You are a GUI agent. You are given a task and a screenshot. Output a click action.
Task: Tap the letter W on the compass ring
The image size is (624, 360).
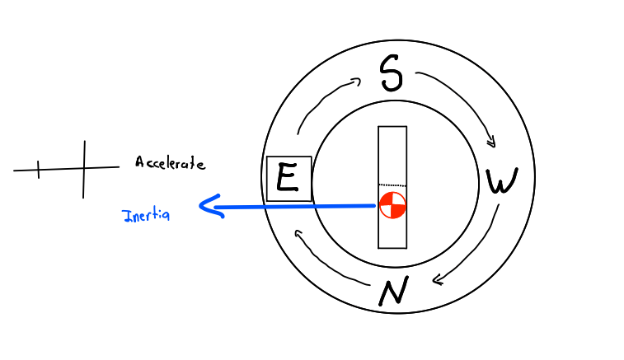(x=500, y=182)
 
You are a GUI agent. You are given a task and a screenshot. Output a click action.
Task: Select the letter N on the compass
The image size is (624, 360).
(x=393, y=292)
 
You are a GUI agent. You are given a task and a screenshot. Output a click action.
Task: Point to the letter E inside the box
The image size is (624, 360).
(x=288, y=178)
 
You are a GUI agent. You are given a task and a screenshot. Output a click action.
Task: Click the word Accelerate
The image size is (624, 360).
(x=170, y=163)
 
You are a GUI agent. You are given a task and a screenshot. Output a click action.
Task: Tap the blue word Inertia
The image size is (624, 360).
(x=146, y=216)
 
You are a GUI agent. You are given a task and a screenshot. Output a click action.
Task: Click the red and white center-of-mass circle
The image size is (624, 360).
(x=392, y=205)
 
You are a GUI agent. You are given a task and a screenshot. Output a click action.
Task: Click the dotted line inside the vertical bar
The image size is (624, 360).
(x=392, y=185)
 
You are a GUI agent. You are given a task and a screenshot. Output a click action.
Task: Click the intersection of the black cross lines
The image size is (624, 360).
(x=83, y=170)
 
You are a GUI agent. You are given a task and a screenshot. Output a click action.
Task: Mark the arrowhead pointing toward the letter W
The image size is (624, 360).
(x=491, y=142)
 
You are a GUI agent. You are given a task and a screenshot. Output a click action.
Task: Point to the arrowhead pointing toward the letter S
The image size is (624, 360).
(x=356, y=81)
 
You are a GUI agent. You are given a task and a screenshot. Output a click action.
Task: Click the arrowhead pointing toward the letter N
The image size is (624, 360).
(x=437, y=280)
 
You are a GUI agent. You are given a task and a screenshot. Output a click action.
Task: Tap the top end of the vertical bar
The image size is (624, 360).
(x=392, y=129)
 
